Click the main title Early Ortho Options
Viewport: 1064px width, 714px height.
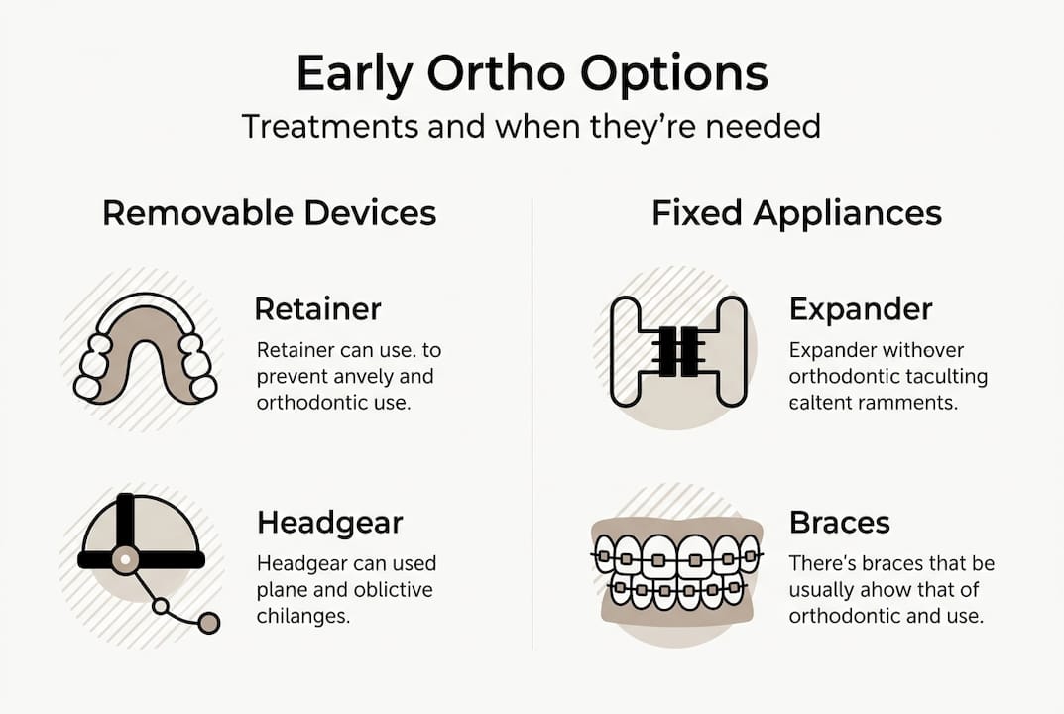coord(532,75)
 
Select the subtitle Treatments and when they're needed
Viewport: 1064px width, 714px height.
coord(532,127)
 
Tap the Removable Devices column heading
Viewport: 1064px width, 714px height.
coord(269,212)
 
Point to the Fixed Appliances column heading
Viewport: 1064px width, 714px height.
coord(796,212)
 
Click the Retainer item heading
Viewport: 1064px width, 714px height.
coord(317,308)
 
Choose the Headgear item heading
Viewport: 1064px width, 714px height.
coord(330,522)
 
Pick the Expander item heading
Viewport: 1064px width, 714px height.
coord(861,308)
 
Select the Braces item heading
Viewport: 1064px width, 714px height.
coord(839,522)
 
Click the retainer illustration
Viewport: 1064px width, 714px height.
coord(146,349)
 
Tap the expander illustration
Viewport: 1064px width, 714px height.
coord(677,351)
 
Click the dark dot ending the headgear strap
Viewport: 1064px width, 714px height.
coord(208,623)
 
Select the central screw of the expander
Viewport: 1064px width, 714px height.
coord(677,351)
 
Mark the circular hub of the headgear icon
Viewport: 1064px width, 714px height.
coord(124,559)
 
